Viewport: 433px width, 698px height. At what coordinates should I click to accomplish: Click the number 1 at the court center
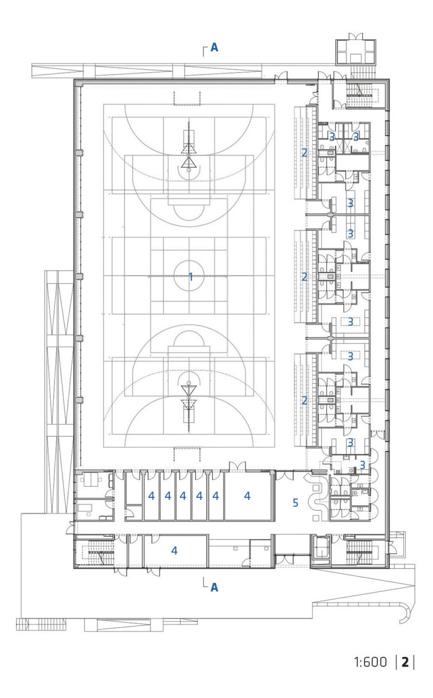click(191, 276)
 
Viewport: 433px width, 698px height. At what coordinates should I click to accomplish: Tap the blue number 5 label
click(296, 502)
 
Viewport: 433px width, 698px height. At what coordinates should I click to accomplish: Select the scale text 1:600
click(370, 662)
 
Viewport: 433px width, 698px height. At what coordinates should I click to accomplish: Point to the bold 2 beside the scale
click(405, 662)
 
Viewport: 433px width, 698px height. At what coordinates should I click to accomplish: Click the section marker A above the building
click(214, 48)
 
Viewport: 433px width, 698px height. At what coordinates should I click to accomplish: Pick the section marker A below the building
click(214, 587)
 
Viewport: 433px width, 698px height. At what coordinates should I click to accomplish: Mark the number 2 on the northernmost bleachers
click(304, 153)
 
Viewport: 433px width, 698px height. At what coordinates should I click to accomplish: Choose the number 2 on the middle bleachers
click(304, 277)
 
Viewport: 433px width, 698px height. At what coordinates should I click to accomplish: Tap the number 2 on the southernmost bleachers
click(304, 401)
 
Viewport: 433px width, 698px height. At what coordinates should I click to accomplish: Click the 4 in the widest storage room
click(247, 496)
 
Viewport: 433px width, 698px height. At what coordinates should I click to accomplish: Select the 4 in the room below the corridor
click(174, 550)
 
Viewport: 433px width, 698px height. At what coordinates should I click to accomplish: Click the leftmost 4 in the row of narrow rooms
click(151, 496)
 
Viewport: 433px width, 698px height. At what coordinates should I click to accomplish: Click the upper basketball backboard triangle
click(189, 162)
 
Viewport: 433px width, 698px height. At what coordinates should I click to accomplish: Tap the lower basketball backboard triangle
click(189, 390)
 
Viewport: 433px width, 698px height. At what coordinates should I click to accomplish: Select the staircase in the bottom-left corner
click(98, 553)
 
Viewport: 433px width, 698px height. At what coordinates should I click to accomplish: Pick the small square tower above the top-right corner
click(355, 52)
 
